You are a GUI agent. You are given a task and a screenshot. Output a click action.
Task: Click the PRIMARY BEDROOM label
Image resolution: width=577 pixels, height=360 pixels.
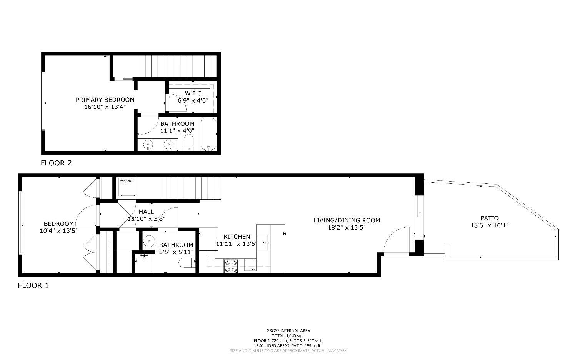coord(105,100)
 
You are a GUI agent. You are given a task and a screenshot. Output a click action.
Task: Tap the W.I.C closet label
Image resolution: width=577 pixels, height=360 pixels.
coord(193,93)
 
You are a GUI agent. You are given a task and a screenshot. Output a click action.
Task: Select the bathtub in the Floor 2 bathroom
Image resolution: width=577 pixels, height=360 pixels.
coord(209,134)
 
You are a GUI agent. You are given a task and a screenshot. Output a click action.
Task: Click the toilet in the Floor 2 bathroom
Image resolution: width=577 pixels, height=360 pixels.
coord(188,143)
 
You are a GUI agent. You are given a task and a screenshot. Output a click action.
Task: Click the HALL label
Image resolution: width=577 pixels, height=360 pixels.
coord(146,212)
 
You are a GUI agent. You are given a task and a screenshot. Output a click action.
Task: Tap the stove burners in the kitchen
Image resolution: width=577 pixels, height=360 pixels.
coord(231,266)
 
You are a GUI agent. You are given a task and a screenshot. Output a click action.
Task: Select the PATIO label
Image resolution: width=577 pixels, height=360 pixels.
coord(489,218)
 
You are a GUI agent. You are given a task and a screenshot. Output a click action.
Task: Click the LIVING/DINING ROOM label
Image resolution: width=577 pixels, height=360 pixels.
coord(347,220)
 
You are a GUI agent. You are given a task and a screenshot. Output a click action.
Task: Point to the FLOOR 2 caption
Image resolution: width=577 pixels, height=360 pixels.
coord(56,163)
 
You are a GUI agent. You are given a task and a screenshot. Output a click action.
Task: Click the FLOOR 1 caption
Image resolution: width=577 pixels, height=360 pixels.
coord(33,286)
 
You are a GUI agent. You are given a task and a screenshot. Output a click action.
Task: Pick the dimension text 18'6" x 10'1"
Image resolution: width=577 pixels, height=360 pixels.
coord(489,226)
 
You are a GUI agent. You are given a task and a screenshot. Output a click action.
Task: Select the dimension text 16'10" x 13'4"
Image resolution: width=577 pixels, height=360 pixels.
coord(105,107)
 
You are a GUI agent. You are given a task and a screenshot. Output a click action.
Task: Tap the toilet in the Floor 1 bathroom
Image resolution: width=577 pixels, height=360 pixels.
coord(187,263)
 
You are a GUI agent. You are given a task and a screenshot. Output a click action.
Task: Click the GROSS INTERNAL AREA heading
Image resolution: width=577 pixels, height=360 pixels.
coord(288,330)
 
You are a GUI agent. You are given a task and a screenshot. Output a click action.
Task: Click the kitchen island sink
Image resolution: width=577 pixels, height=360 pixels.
coord(263,243)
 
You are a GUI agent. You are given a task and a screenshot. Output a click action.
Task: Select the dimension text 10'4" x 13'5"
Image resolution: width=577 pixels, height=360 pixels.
coord(59,231)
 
